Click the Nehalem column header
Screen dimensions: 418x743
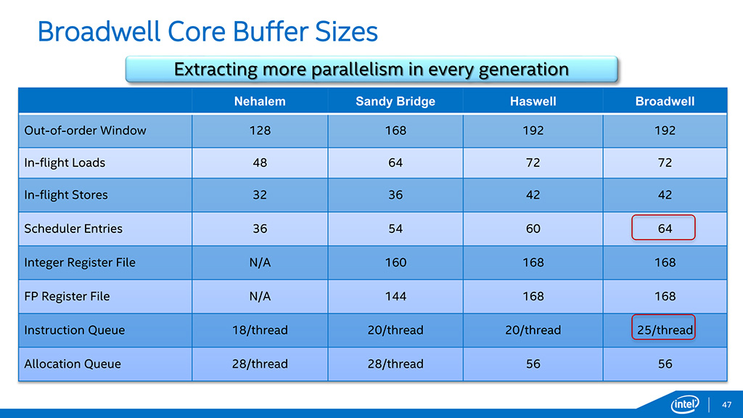260,102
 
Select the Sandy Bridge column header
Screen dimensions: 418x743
395,102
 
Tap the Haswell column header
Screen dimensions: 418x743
533,102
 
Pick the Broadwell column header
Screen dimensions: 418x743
665,102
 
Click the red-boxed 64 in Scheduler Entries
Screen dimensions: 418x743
665,229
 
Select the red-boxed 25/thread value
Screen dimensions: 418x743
665,330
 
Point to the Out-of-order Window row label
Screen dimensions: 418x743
85,131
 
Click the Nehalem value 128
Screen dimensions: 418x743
260,131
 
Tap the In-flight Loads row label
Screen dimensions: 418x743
65,163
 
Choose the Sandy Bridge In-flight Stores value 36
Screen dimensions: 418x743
395,194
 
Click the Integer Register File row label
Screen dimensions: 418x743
80,263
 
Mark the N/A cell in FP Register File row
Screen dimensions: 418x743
260,296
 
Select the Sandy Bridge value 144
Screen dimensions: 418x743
395,296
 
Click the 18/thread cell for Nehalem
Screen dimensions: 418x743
260,330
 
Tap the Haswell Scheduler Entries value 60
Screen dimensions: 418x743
533,229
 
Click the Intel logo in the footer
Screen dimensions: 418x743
686,403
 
